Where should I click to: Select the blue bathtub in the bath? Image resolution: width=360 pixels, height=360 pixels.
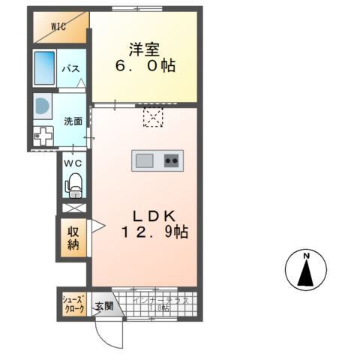[x=46, y=69]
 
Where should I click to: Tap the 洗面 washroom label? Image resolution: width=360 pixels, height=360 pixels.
[x=72, y=121]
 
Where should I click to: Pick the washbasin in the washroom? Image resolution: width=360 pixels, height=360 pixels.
[x=42, y=106]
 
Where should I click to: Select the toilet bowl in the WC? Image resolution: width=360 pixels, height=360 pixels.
[x=74, y=184]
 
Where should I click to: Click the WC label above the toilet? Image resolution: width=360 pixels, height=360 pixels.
[x=73, y=163]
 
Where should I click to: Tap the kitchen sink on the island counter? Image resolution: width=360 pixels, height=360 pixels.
[x=145, y=160]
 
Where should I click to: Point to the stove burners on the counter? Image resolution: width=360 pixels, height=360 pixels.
[x=172, y=160]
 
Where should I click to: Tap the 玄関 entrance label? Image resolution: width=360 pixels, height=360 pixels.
[x=103, y=305]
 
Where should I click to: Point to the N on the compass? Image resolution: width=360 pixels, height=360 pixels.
[x=307, y=257]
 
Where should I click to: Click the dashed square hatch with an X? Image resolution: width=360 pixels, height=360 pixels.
[x=153, y=116]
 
